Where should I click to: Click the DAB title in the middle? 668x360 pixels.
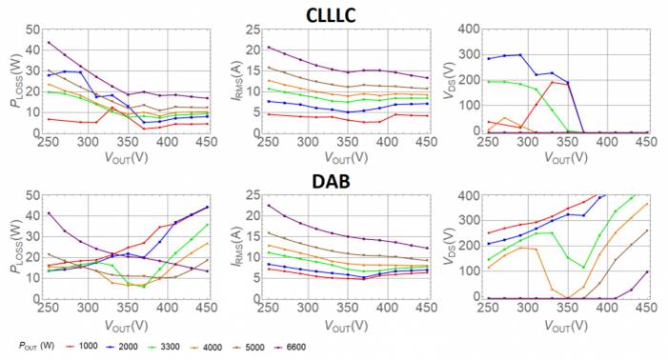pyautogui.click(x=334, y=178)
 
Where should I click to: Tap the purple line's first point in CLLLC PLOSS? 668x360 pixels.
pyautogui.click(x=49, y=42)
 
